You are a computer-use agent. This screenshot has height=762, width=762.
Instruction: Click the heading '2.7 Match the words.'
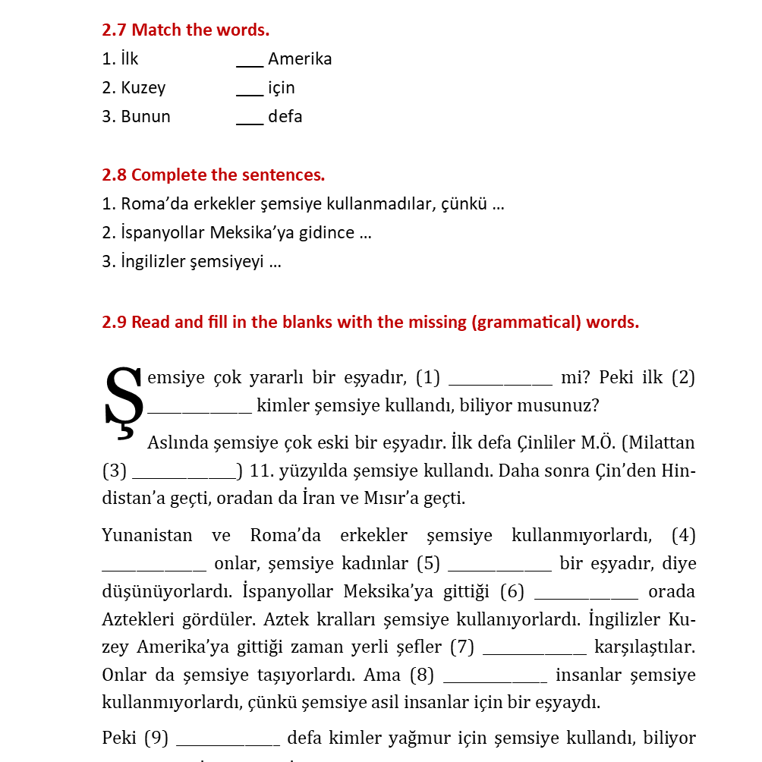pyautogui.click(x=185, y=30)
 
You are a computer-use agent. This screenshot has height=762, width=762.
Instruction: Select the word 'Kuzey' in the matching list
pyautogui.click(x=143, y=88)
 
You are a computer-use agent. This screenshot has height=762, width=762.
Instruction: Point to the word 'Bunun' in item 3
pyautogui.click(x=146, y=117)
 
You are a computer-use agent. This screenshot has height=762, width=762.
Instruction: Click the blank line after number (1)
pyautogui.click(x=500, y=384)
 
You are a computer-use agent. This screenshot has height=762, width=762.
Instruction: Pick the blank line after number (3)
pyautogui.click(x=184, y=477)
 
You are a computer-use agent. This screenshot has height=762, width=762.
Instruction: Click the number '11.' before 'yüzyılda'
pyautogui.click(x=261, y=471)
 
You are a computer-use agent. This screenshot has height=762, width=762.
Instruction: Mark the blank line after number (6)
pyautogui.click(x=586, y=598)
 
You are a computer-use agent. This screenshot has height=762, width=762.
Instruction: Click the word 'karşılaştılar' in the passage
pyautogui.click(x=644, y=647)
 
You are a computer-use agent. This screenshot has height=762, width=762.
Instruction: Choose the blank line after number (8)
pyautogui.click(x=495, y=682)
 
